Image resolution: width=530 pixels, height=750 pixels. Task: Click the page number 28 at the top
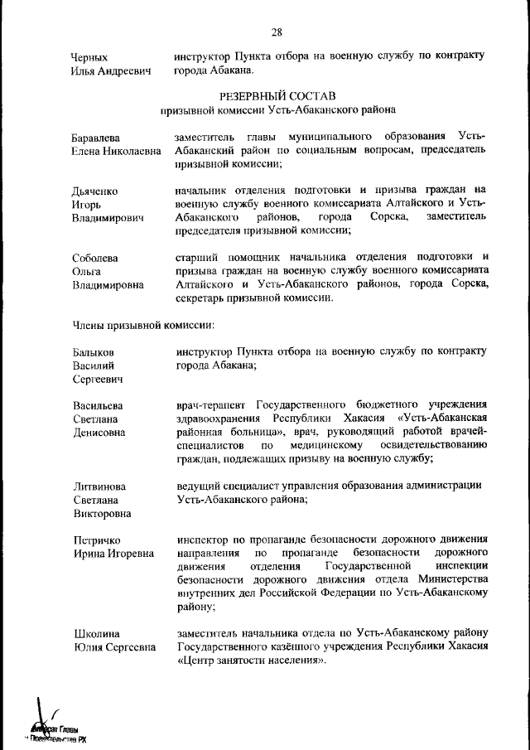276,32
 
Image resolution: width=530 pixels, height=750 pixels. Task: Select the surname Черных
90,57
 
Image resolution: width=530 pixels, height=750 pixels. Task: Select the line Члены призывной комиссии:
132,326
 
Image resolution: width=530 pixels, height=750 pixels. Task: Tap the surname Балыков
93,352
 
